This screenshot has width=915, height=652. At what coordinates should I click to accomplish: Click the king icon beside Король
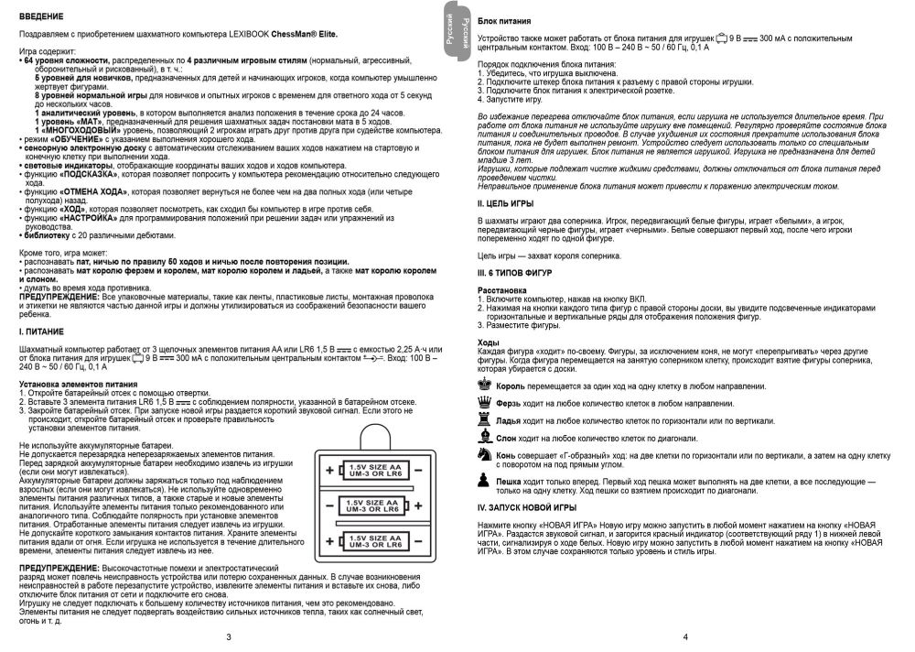[x=485, y=386]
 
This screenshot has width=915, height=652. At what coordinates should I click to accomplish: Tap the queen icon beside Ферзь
[x=485, y=403]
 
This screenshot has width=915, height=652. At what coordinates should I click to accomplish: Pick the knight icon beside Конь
[x=485, y=453]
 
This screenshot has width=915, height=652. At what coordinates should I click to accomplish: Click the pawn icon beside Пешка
[x=485, y=481]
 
